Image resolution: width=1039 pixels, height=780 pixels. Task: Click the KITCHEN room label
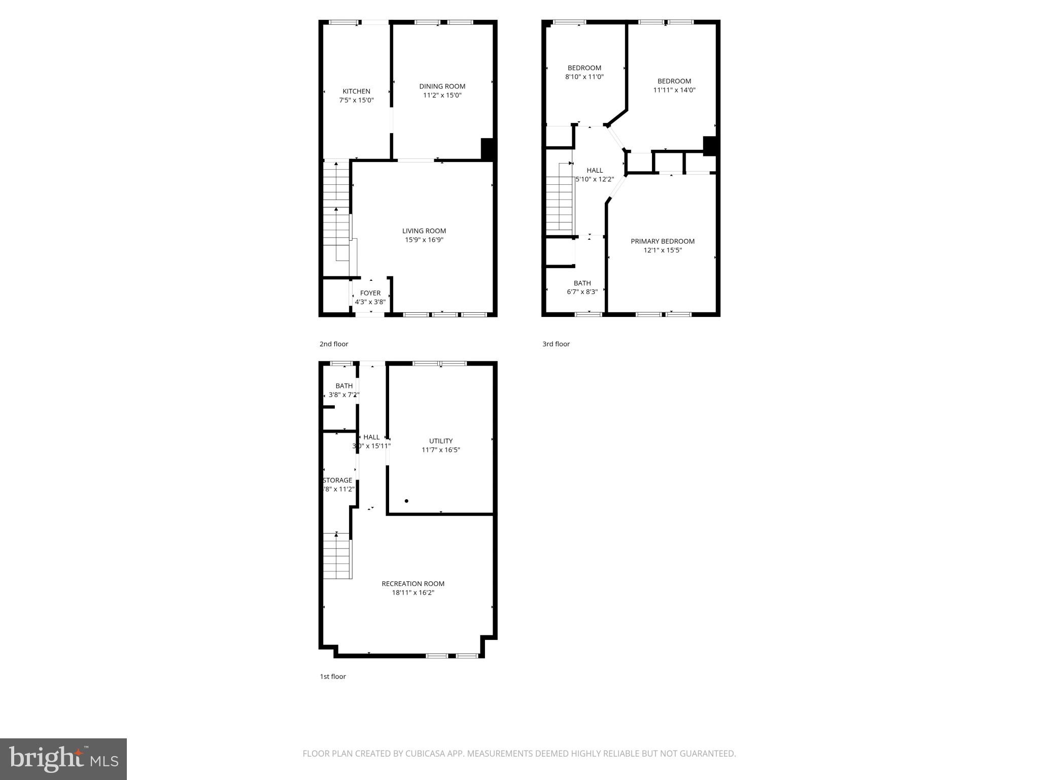coord(356,91)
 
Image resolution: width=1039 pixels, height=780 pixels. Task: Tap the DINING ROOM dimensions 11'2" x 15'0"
coord(442,95)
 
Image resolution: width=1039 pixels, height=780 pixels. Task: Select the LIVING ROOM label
coord(424,231)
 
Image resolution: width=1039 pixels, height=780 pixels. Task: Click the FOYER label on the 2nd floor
coord(370,293)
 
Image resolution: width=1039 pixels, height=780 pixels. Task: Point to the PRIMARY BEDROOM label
coord(663,241)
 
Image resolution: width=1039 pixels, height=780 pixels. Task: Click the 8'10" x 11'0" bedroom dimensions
coord(584,77)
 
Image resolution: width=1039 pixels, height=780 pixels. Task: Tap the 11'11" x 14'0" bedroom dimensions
coord(674,90)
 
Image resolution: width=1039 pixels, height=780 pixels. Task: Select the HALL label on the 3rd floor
coord(595,170)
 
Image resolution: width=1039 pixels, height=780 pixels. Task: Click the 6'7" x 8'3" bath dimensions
coord(582,292)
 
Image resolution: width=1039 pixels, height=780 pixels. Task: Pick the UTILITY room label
coord(440,441)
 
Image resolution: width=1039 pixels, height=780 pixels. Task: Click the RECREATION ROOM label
coord(413,584)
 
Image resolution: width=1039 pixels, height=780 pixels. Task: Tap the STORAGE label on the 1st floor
coord(338,480)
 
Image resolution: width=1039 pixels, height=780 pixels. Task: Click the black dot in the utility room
coord(406,501)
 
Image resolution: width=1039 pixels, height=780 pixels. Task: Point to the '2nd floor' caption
coord(334,344)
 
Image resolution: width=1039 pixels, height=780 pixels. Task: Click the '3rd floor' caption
coord(556,344)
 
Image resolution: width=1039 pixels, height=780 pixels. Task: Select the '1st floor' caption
coord(333,676)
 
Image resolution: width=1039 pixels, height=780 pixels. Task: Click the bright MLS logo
coord(63,759)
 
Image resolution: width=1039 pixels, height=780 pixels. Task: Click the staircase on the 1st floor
coord(337,556)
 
